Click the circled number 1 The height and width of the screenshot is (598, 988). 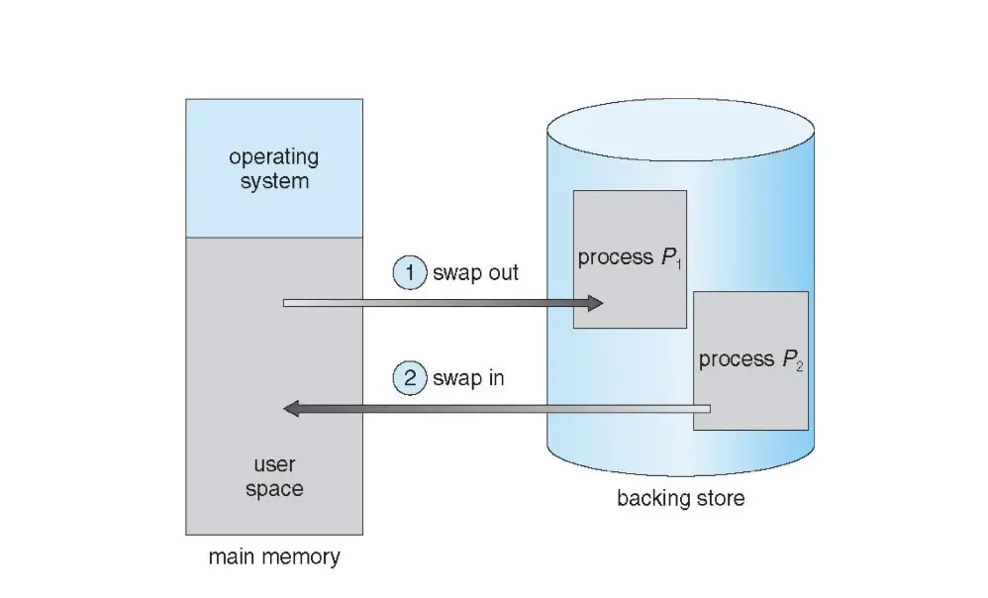pos(409,273)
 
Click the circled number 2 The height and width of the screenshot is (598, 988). pos(409,378)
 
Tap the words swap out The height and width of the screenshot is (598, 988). pos(475,273)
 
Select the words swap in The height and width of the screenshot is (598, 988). pos(468,378)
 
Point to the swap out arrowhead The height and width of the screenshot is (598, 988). pos(593,303)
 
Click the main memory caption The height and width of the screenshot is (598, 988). pos(274,556)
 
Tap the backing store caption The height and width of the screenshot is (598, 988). pos(681,498)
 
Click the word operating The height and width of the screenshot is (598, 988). pos(274,156)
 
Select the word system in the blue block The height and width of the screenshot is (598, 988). pos(274,181)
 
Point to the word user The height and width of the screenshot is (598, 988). pos(274,464)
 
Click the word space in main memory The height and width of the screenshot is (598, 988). pos(274,489)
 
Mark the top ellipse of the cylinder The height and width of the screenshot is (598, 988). pos(681,130)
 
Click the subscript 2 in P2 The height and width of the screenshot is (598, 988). pos(799,365)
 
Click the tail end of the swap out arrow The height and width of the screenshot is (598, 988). pos(286,303)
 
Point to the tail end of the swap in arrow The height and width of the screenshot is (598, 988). pos(707,408)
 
